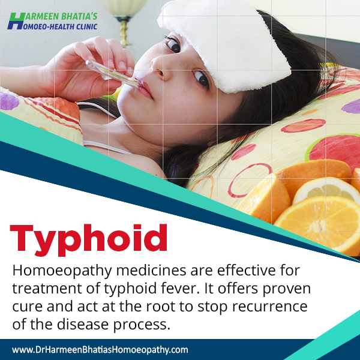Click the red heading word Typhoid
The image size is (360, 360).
click(88, 240)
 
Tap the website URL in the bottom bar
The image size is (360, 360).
click(100, 350)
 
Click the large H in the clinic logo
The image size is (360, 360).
click(16, 21)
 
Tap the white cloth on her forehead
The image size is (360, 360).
click(224, 44)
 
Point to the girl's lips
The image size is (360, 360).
click(145, 88)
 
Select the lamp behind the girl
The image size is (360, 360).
click(124, 20)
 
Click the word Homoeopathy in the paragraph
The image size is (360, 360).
click(62, 271)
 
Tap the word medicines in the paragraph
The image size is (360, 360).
click(151, 270)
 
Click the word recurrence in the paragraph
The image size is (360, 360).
click(269, 307)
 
